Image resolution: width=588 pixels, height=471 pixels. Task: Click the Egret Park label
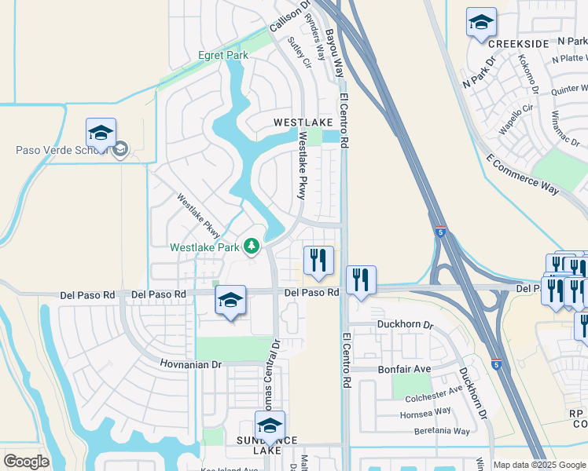[x=223, y=56]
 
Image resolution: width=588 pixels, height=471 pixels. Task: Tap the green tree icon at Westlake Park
[x=252, y=247]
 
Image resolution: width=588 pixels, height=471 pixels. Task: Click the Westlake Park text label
[x=205, y=247]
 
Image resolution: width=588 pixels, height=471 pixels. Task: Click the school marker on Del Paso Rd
[x=230, y=299]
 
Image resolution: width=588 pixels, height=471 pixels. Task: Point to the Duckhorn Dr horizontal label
[x=405, y=324]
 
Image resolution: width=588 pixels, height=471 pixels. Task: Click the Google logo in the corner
[x=26, y=462]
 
